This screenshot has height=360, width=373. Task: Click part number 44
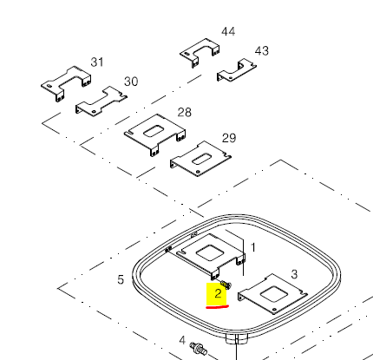(x=228, y=31)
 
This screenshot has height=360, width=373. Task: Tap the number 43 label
(x=262, y=51)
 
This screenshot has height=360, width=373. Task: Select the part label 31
(x=97, y=62)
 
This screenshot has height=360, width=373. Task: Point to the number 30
(x=131, y=82)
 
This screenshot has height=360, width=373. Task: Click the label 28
(x=185, y=112)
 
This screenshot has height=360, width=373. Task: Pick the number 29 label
(x=229, y=138)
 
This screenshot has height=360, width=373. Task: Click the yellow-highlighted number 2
(x=218, y=294)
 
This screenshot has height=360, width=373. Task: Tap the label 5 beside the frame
(x=121, y=279)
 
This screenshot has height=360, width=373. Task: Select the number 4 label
(x=182, y=340)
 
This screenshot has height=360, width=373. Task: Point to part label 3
(x=294, y=274)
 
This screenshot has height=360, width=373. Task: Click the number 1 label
(x=253, y=247)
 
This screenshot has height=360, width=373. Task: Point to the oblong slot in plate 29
(x=201, y=160)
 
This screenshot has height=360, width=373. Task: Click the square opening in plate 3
(x=274, y=294)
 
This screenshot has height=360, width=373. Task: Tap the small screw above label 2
(x=226, y=285)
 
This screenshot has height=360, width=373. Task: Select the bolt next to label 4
(x=199, y=349)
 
